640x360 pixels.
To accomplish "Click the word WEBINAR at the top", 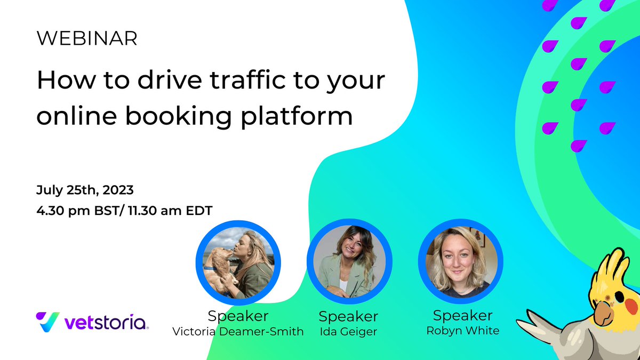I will click(87, 38).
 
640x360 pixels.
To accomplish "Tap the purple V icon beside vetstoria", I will click(47, 322).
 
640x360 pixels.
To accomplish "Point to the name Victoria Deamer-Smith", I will click(238, 332).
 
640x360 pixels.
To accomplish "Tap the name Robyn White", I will click(462, 331).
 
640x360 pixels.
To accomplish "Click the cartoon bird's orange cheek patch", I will click(631, 306).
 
